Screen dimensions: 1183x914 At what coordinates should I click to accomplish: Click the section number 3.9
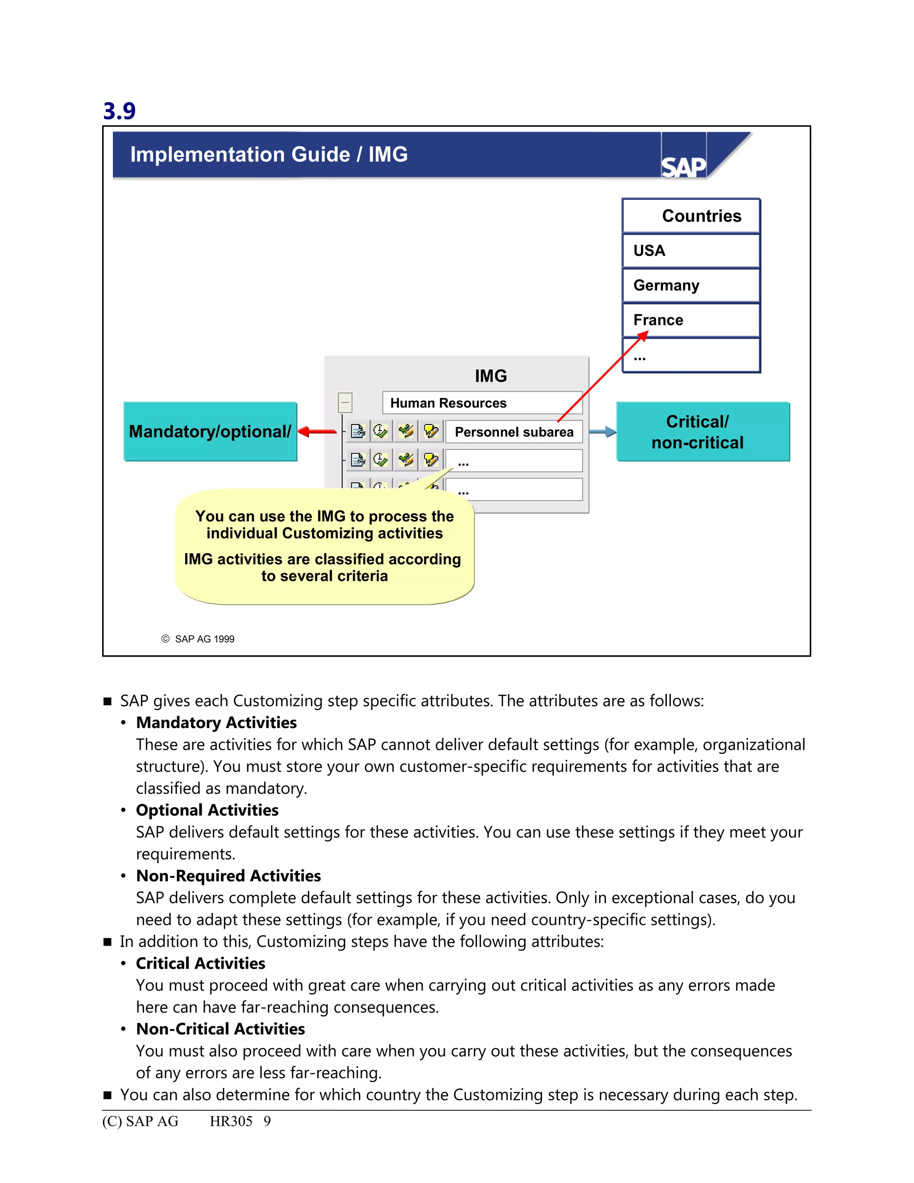click(x=119, y=111)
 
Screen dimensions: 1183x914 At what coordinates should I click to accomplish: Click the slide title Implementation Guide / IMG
click(x=269, y=154)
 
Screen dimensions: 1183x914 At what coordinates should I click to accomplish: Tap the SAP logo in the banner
click(x=683, y=167)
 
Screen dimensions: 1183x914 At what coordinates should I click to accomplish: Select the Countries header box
click(x=691, y=216)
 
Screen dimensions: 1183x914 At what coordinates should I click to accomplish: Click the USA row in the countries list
click(x=691, y=250)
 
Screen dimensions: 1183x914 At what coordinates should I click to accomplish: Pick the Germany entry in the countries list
click(x=691, y=285)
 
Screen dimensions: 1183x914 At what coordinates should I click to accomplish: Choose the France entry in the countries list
click(x=691, y=320)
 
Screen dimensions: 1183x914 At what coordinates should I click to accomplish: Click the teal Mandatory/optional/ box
click(x=210, y=431)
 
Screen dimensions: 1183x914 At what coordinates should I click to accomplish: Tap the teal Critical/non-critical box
click(x=703, y=431)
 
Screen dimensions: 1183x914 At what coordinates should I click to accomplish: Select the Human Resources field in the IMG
click(x=482, y=403)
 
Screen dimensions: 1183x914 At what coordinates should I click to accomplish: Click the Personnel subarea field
click(x=513, y=432)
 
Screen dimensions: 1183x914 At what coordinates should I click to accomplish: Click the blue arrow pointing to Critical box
click(x=602, y=432)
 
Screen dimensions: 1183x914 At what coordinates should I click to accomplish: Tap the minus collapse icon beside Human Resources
click(x=345, y=403)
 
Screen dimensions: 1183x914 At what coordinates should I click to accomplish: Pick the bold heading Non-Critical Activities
click(x=220, y=1029)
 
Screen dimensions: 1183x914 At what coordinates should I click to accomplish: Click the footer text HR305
click(x=231, y=1121)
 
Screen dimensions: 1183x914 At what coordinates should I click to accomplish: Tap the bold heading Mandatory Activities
click(x=216, y=723)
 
